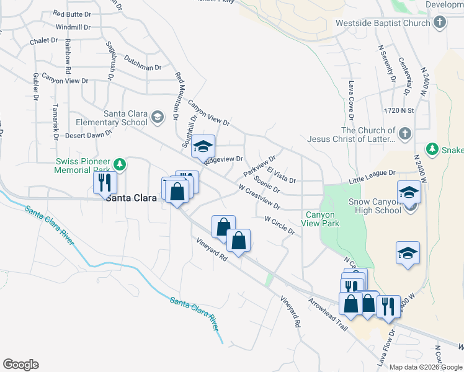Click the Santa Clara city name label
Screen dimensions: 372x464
(x=130, y=198)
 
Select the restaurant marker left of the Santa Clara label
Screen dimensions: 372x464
(x=104, y=183)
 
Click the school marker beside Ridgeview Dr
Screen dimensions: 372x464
(x=202, y=147)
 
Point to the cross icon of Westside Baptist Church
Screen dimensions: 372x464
(x=440, y=24)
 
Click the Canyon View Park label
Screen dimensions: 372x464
(x=319, y=219)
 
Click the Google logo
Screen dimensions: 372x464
(x=20, y=365)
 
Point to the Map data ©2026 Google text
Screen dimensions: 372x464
(x=425, y=367)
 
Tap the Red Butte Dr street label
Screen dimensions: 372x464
(x=72, y=13)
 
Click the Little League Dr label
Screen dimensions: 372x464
(x=372, y=176)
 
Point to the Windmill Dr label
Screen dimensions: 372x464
(x=73, y=27)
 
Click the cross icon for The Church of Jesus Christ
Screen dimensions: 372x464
(x=404, y=135)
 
